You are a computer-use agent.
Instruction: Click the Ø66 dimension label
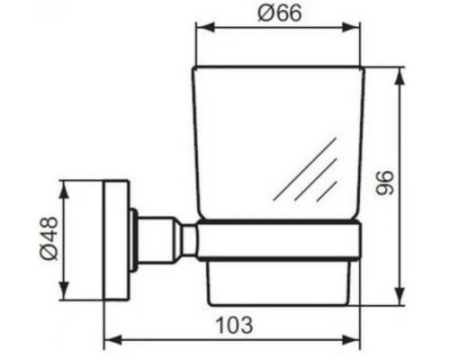pos(279,13)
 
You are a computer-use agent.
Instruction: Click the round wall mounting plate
pos(116,239)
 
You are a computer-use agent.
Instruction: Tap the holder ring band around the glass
pos(279,240)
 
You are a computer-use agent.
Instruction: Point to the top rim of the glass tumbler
pos(279,68)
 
